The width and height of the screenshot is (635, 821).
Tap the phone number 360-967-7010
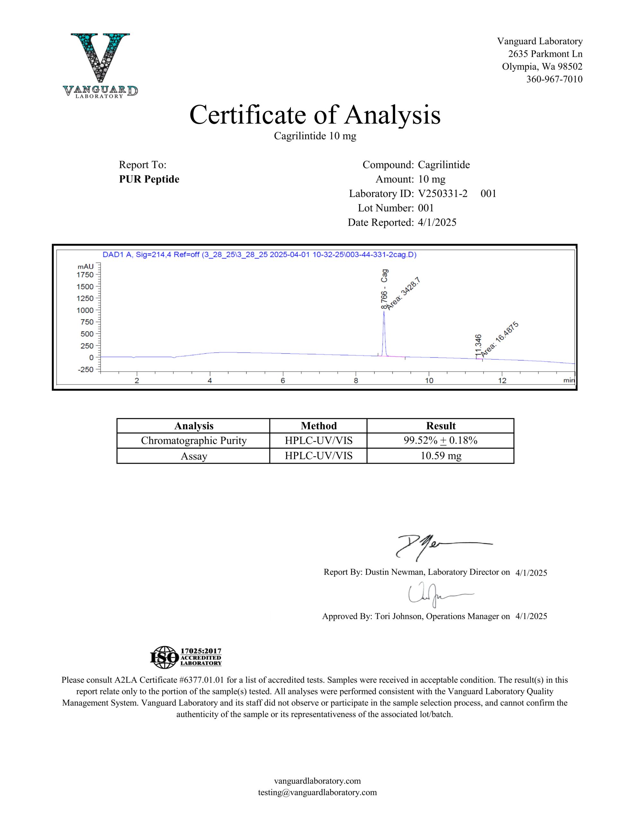coord(554,79)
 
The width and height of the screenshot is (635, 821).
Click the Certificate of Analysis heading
coord(315,115)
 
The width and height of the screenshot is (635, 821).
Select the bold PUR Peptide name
coord(149,179)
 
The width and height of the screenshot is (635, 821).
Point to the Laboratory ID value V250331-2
coord(443,194)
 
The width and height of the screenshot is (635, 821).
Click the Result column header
coord(440,426)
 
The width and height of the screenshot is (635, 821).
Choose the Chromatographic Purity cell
coord(194,441)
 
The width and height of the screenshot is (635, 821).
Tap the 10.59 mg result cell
coord(440,456)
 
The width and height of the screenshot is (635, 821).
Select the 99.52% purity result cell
coord(440,441)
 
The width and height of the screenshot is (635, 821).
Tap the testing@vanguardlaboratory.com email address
coord(317,792)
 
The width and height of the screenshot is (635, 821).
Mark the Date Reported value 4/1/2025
coord(437,223)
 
